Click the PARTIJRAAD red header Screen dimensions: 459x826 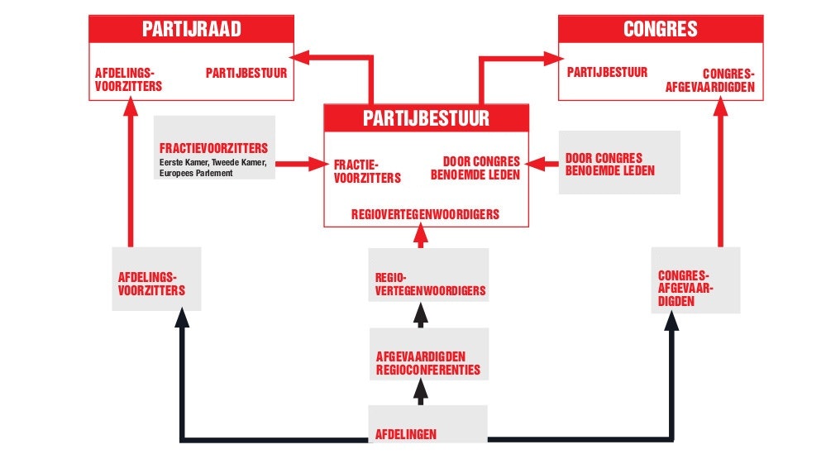point(191,30)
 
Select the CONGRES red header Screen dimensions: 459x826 point(660,30)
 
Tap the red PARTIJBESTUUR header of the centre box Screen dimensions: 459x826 point(426,118)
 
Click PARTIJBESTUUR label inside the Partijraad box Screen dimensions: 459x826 point(246,73)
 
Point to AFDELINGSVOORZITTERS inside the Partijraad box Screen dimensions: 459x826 point(128,79)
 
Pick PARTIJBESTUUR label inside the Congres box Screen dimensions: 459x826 point(607,73)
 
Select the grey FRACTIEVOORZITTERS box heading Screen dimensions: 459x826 point(214,148)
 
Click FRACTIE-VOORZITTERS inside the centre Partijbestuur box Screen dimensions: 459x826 point(367,171)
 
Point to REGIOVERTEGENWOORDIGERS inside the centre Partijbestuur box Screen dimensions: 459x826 point(425,214)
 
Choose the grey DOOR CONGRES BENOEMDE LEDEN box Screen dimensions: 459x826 point(619,162)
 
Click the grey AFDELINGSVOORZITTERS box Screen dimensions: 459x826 point(155,278)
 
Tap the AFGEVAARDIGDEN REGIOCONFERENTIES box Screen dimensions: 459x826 point(427,362)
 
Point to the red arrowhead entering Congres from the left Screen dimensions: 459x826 point(553,58)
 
